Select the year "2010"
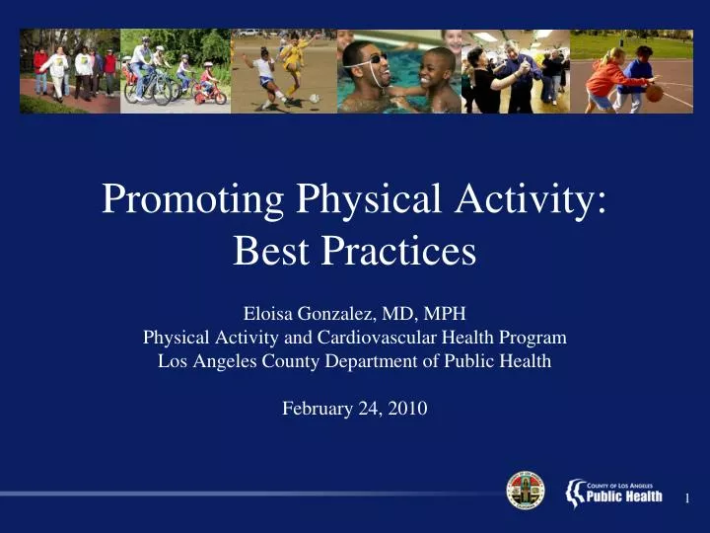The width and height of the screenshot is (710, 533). (407, 408)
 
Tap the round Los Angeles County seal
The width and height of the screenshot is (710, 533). (526, 490)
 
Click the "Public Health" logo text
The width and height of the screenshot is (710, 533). (623, 495)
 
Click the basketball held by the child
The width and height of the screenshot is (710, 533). (654, 93)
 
